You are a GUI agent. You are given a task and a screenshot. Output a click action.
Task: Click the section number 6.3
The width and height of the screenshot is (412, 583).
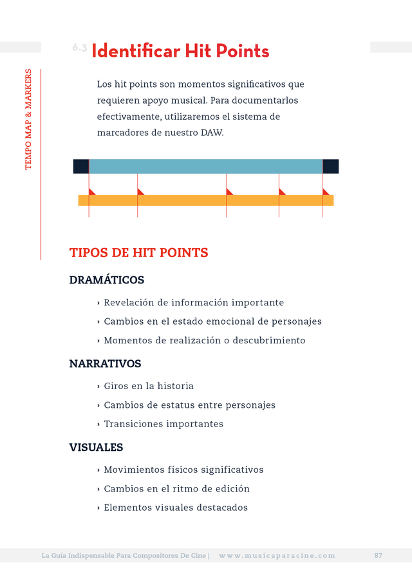pyautogui.click(x=79, y=48)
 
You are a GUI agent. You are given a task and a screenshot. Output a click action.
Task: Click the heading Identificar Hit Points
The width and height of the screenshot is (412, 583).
pyautogui.click(x=180, y=51)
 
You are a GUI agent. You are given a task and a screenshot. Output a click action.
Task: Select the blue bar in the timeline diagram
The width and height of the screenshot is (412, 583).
pyautogui.click(x=205, y=166)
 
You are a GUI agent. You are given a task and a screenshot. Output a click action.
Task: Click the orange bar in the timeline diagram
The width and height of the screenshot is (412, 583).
pyautogui.click(x=205, y=200)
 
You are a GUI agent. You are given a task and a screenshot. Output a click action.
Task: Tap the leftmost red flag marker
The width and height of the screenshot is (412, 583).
pyautogui.click(x=91, y=191)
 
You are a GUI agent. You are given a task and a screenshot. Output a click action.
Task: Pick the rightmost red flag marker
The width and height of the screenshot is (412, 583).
pyautogui.click(x=325, y=191)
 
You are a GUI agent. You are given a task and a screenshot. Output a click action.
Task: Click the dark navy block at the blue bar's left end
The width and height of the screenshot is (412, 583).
pyautogui.click(x=81, y=166)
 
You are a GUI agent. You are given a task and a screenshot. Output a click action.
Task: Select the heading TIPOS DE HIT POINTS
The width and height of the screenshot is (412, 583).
pyautogui.click(x=138, y=253)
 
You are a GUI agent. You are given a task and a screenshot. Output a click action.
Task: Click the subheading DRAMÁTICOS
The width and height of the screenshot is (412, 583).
pyautogui.click(x=106, y=280)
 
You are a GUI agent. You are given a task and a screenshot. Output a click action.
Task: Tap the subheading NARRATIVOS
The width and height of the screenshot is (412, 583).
pyautogui.click(x=105, y=364)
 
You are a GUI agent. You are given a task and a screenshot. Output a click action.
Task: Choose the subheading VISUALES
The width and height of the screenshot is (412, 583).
pyautogui.click(x=96, y=447)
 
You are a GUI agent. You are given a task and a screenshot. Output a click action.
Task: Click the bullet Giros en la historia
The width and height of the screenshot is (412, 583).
pyautogui.click(x=149, y=386)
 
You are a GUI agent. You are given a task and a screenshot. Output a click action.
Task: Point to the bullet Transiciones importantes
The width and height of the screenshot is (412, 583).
pyautogui.click(x=164, y=424)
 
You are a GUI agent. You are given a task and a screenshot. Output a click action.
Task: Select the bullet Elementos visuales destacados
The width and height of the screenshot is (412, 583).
pyautogui.click(x=176, y=508)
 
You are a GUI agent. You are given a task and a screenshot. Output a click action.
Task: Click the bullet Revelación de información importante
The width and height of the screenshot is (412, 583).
pyautogui.click(x=194, y=303)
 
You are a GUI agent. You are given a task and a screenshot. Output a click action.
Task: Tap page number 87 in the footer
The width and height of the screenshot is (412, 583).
pyautogui.click(x=378, y=555)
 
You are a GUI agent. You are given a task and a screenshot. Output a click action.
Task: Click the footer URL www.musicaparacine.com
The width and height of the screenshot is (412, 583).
pyautogui.click(x=277, y=555)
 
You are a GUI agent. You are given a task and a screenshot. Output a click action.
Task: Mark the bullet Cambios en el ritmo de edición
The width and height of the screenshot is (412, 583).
pyautogui.click(x=176, y=489)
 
